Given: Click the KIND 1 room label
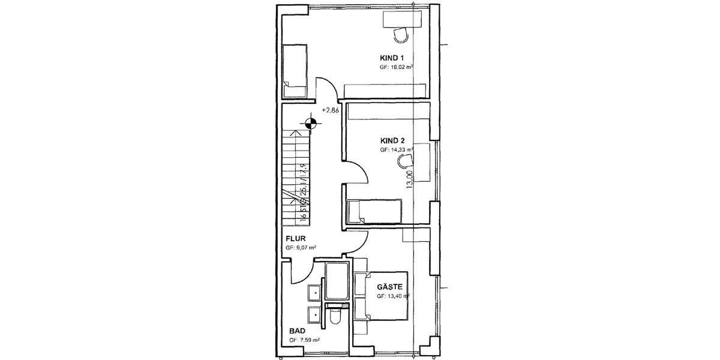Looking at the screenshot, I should [391, 58].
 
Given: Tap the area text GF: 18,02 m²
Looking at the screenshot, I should [396, 68].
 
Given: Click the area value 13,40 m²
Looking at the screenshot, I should [397, 296].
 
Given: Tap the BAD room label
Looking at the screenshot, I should [297, 331].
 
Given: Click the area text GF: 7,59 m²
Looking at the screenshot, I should [304, 340].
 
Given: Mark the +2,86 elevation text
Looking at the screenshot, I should [331, 110].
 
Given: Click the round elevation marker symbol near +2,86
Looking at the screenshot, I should [311, 124].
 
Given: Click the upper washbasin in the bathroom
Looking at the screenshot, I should [313, 292].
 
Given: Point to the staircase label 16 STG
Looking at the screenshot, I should [303, 211].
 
